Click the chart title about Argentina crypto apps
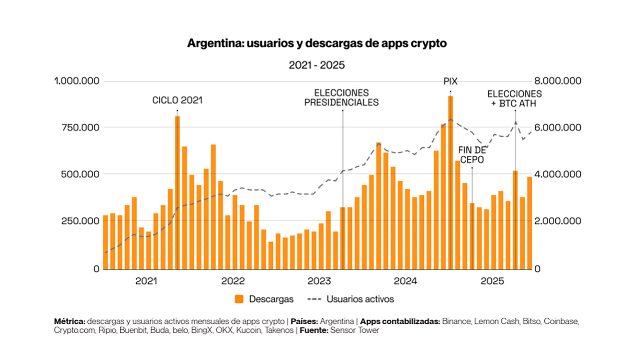(317, 43)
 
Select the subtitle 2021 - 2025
(317, 65)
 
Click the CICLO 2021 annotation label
(177, 100)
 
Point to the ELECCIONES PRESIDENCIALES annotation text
(341, 98)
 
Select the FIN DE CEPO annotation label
(472, 155)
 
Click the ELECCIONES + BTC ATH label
(514, 99)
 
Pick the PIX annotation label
(450, 81)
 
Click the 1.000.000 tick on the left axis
(77, 81)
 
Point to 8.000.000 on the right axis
(558, 81)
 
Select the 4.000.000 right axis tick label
(558, 174)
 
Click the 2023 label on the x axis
(319, 281)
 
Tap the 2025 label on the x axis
(492, 281)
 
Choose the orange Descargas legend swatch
(239, 299)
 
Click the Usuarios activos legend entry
(360, 299)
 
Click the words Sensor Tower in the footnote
(355, 330)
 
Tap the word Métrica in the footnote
(69, 321)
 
